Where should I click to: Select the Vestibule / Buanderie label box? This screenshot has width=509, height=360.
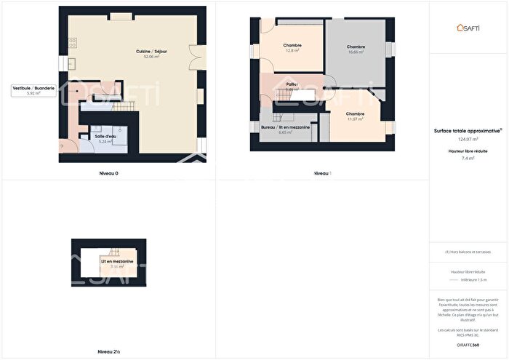[33, 90]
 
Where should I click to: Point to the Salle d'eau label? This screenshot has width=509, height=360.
[105, 136]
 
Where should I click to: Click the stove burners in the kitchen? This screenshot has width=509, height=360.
[72, 42]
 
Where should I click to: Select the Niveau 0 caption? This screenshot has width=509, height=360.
[108, 173]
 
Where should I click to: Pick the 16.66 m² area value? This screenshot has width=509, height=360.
[356, 52]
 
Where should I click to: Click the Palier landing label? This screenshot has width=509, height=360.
[292, 85]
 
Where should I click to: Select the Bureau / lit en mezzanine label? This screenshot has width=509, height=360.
[285, 127]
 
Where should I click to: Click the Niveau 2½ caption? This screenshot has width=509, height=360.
[108, 352]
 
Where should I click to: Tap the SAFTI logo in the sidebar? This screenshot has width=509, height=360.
[469, 27]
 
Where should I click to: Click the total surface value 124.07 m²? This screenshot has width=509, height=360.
[468, 138]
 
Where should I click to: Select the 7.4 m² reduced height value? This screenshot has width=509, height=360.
[468, 157]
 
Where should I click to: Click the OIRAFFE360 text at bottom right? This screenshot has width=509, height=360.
[468, 343]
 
